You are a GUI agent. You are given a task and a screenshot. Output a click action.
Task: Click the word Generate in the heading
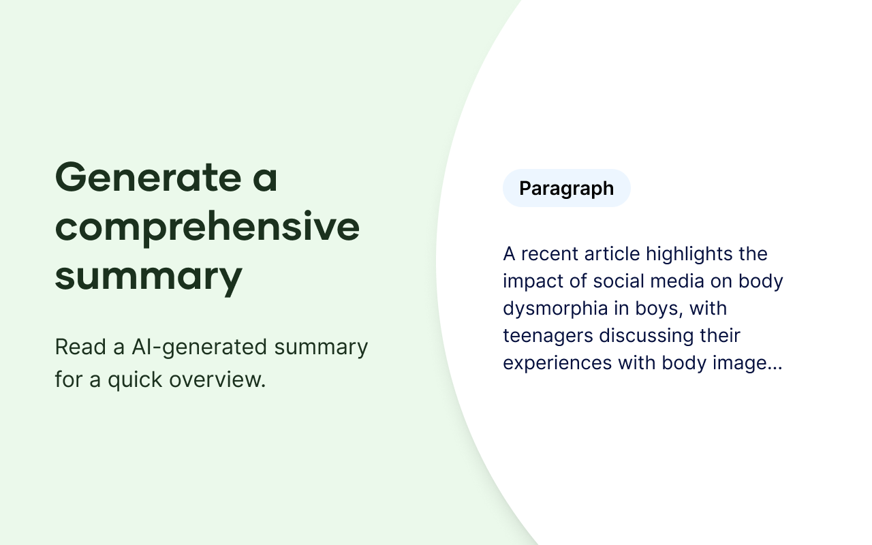pos(149,177)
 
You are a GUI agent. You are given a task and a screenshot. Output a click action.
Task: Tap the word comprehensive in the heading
pos(208,228)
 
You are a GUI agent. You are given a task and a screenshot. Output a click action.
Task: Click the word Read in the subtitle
pos(80,347)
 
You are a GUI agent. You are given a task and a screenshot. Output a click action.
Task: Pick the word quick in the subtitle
pos(135,380)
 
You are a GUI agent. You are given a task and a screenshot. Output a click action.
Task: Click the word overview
pos(217,379)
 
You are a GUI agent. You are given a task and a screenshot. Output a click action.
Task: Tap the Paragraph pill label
pos(566,188)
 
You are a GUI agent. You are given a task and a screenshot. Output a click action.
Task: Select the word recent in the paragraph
pos(550,254)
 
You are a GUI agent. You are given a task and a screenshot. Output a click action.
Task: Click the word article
pos(612,254)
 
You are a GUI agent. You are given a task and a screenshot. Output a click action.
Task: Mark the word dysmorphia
pos(555,309)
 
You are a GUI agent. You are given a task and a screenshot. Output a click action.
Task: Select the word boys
pos(659,309)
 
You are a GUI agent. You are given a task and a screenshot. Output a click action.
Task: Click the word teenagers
pos(548,337)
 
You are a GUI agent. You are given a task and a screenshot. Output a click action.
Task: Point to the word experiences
pos(557,364)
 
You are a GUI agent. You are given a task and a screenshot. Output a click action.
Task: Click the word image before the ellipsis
pos(740,364)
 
